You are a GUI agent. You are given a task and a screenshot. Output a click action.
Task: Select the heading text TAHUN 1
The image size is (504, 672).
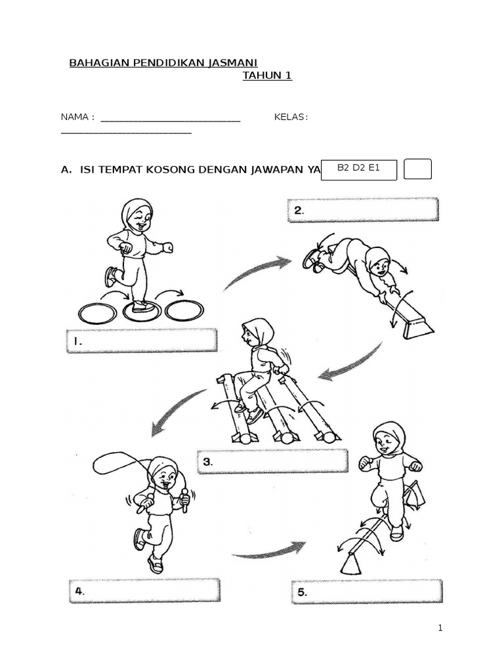(267, 75)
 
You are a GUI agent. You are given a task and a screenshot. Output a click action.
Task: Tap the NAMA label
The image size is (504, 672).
(75, 117)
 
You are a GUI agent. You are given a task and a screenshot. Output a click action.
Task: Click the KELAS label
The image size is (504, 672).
(291, 117)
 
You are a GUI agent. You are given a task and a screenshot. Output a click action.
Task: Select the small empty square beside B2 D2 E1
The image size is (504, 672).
(418, 169)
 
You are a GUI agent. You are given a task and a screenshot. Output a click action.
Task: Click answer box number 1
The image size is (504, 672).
(141, 341)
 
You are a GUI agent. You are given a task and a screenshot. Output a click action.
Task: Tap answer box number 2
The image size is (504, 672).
(363, 210)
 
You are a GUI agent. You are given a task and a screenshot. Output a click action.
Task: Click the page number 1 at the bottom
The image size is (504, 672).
(440, 628)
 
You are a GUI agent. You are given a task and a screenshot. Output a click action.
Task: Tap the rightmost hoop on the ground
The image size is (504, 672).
(184, 310)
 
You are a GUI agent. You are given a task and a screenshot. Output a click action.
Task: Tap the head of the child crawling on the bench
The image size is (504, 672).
(377, 263)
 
